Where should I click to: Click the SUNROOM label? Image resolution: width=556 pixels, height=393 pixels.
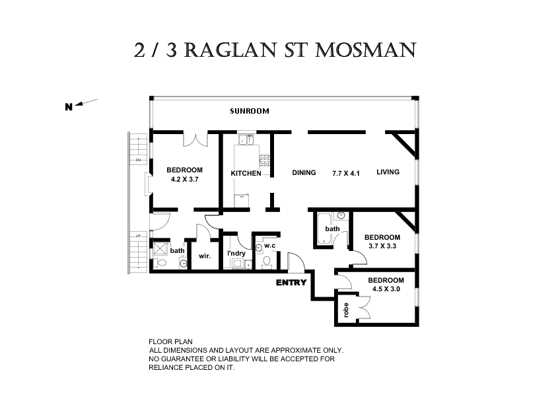(249, 111)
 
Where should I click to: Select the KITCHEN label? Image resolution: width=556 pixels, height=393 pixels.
(246, 174)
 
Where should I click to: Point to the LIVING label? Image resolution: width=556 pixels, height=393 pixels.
(388, 173)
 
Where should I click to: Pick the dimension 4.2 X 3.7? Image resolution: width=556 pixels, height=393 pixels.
(184, 179)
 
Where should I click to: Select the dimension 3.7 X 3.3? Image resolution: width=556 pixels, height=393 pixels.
(382, 246)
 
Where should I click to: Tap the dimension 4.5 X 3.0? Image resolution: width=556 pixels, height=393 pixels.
(386, 289)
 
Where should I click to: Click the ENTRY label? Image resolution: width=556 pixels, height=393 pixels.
(291, 283)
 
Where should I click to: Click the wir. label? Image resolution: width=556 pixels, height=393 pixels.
(204, 256)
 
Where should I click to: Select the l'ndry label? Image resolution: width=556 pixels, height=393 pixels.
(236, 253)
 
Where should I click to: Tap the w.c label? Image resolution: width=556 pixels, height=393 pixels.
(269, 246)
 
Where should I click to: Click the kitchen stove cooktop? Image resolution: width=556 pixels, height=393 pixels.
(265, 159)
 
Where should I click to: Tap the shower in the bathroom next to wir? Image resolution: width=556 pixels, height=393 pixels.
(160, 250)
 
